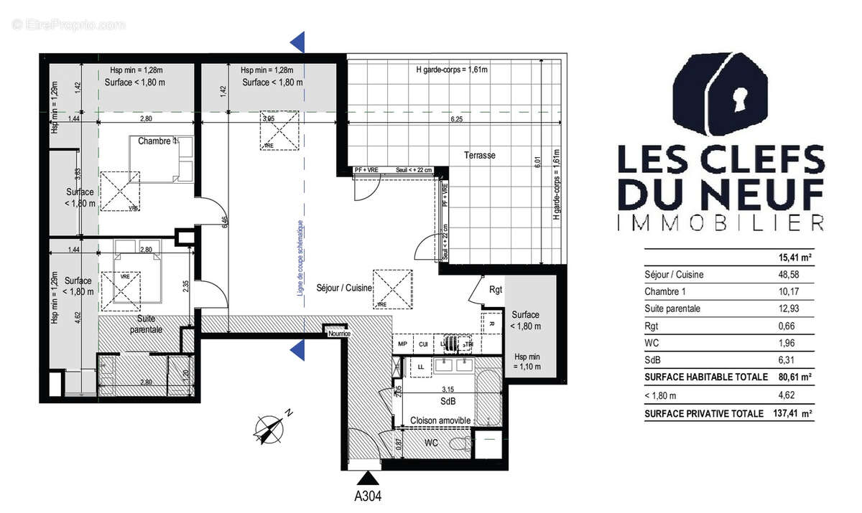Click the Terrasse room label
point(480,155)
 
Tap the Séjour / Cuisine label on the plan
point(344,288)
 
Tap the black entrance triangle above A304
point(368,476)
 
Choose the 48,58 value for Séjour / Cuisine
point(804,275)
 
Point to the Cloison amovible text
point(440,420)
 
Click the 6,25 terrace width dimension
point(456,120)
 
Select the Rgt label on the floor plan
point(494,291)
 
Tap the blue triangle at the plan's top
point(300,42)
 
